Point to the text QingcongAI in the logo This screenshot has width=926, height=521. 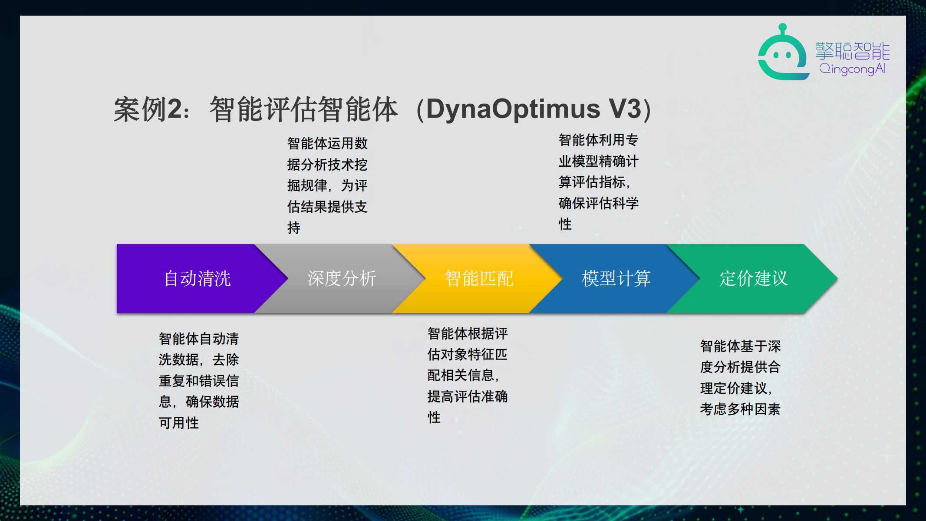point(853,69)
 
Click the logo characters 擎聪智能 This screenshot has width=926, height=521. point(853,51)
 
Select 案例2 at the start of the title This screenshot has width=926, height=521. point(148,109)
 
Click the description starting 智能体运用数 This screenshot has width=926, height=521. point(327,185)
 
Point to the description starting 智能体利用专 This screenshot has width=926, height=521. point(599,182)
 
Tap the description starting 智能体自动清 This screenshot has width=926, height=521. point(199,380)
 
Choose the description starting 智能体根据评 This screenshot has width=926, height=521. point(468,375)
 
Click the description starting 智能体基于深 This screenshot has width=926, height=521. point(740,377)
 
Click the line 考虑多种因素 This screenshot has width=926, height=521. point(740,409)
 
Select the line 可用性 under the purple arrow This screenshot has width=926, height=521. point(179,423)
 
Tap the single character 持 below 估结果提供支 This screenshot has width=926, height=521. point(294,228)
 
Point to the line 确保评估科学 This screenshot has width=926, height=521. point(599,203)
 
